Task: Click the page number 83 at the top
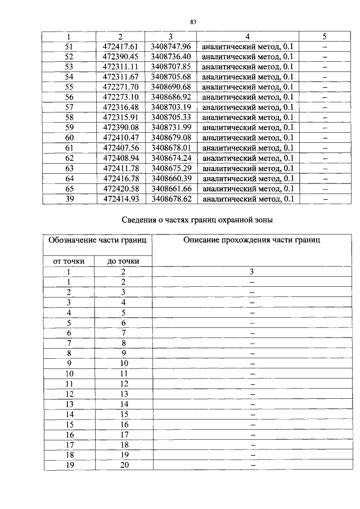pyautogui.click(x=192, y=22)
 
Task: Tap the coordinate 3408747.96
pyautogui.click(x=171, y=47)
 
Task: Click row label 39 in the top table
pyautogui.click(x=69, y=199)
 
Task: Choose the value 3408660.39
pyautogui.click(x=171, y=178)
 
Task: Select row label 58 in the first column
pyautogui.click(x=69, y=118)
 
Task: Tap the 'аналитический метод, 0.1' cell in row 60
pyautogui.click(x=247, y=138)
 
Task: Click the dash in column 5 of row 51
pyautogui.click(x=325, y=47)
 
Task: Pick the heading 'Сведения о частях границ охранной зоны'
pyautogui.click(x=197, y=220)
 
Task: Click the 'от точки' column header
pyautogui.click(x=69, y=260)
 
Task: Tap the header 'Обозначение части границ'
pyautogui.click(x=97, y=241)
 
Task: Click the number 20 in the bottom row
pyautogui.click(x=124, y=465)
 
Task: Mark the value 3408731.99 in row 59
pyautogui.click(x=171, y=128)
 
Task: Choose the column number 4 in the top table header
pyautogui.click(x=247, y=37)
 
